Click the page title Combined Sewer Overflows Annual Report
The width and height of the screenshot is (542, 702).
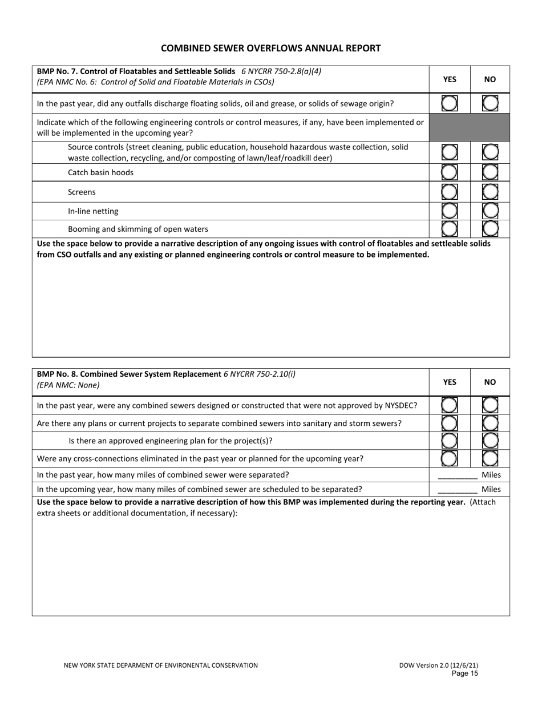coord(270,49)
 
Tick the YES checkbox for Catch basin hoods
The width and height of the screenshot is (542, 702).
coord(450,172)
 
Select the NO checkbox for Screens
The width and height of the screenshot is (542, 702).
coord(490,192)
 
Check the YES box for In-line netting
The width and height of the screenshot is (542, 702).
coord(450,211)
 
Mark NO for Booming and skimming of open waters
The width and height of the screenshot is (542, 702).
coord(490,229)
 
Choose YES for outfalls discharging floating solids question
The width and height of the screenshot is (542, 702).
coord(450,103)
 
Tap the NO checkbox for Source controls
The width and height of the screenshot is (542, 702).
coord(490,152)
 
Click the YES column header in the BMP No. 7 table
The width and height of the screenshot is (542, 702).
coord(450,80)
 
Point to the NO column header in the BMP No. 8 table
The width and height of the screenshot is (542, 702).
coord(490,382)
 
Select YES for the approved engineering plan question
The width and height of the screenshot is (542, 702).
coord(450,441)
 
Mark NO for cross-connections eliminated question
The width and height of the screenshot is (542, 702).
coord(490,458)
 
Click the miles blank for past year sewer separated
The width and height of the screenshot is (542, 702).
coord(457,475)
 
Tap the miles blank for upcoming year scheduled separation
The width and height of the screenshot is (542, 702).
coord(457,489)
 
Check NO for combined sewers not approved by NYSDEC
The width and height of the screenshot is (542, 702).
coord(490,405)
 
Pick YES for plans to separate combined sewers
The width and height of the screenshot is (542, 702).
coord(450,423)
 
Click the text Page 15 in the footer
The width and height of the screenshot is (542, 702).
coord(464,673)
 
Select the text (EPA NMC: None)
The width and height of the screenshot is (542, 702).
coord(68,385)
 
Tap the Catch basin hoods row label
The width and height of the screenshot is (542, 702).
coord(100,172)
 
